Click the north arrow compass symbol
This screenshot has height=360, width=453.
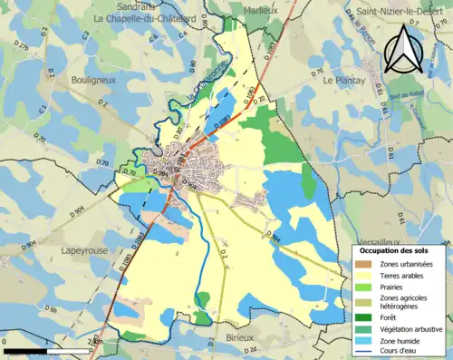(403, 49)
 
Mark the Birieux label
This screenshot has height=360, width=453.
(240, 336)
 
